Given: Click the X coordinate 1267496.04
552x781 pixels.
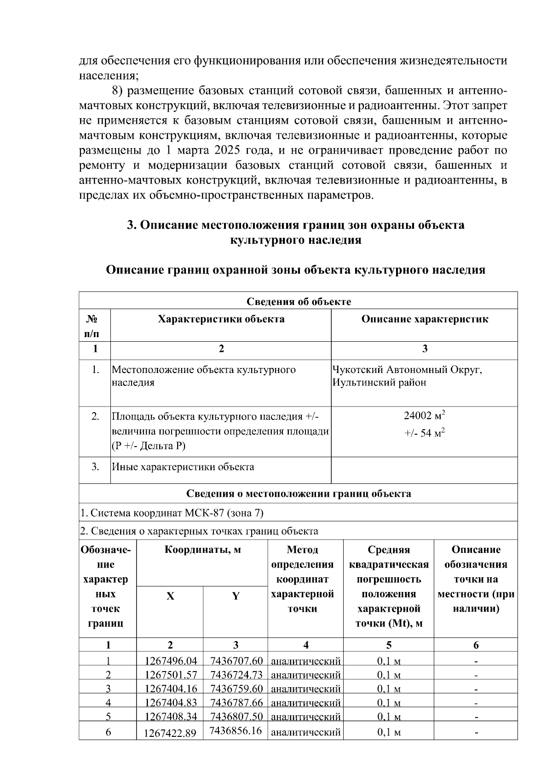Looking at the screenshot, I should pos(171,661).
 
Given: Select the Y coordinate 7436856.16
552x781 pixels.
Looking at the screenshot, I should pos(236,730).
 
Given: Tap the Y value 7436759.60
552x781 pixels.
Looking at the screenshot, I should pos(236,689).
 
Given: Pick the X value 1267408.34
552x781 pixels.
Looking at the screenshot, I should pos(171,716).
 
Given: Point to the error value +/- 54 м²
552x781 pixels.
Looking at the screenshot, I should pos(424,433).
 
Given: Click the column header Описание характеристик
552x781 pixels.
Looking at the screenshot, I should pos(424,319).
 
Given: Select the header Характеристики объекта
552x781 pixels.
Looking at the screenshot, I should pos(221,319).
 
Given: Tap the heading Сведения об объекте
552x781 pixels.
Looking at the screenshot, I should pos(299,301).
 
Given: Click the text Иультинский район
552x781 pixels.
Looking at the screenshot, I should pos(379,382).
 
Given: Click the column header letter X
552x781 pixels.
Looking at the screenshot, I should pos(170,596).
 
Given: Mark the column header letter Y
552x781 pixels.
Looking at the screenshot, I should pos(236,596).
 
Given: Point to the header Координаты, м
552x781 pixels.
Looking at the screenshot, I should pos(202,550).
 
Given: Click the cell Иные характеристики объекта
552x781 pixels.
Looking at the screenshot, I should pos(183,467).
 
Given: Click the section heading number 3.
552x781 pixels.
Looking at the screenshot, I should pos(132,225).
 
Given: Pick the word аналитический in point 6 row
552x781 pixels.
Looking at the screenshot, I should pos(305,732).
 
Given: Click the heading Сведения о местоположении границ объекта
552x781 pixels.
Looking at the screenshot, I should pos(299,494).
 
